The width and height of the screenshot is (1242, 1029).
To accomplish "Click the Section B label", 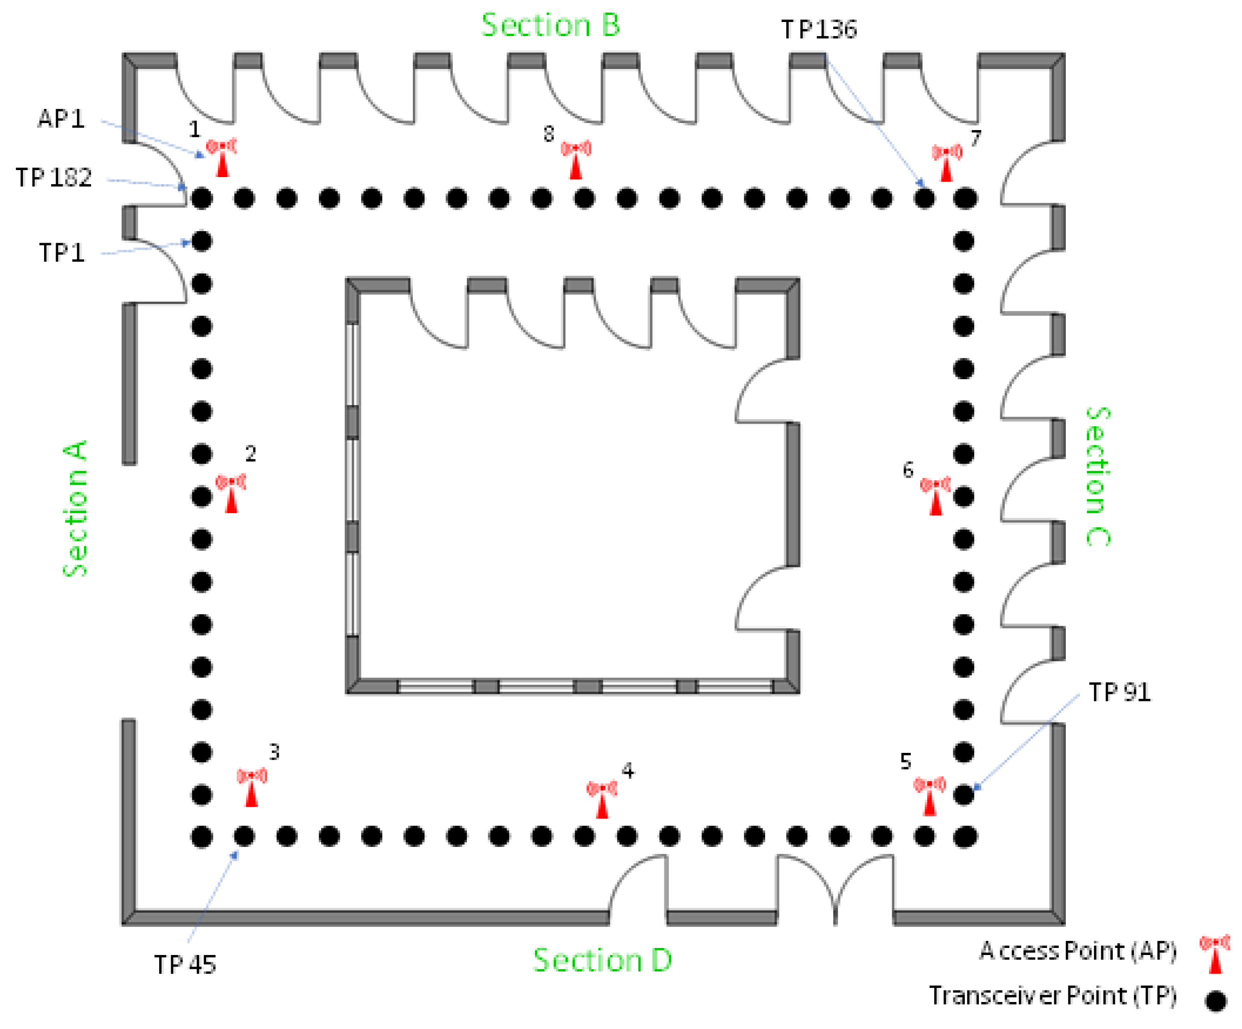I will click(550, 26).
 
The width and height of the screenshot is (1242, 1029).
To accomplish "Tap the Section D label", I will click(602, 960).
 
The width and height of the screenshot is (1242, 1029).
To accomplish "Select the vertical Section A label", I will click(75, 509).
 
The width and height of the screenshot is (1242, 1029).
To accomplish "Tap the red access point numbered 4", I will click(601, 799).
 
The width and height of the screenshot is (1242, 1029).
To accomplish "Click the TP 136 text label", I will click(819, 30).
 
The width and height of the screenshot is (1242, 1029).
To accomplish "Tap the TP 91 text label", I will click(1119, 692).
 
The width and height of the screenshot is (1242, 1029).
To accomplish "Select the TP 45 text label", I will click(185, 965).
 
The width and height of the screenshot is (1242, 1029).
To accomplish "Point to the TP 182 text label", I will click(54, 178).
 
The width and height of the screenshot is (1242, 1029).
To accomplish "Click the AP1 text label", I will click(61, 119).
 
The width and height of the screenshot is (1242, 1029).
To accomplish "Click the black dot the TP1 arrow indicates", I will click(202, 241).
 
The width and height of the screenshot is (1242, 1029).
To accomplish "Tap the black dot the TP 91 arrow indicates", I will click(963, 795).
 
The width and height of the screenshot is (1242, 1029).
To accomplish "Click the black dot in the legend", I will click(1215, 1000).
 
